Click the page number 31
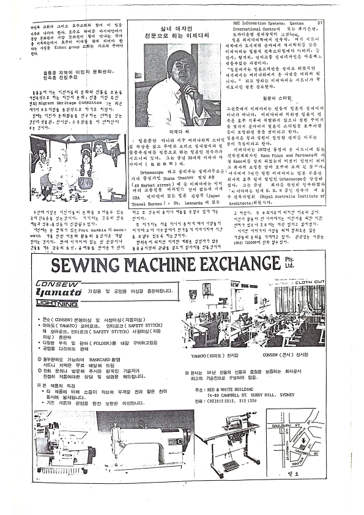[x=319, y=23]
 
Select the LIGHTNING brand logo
[x=56, y=303]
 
